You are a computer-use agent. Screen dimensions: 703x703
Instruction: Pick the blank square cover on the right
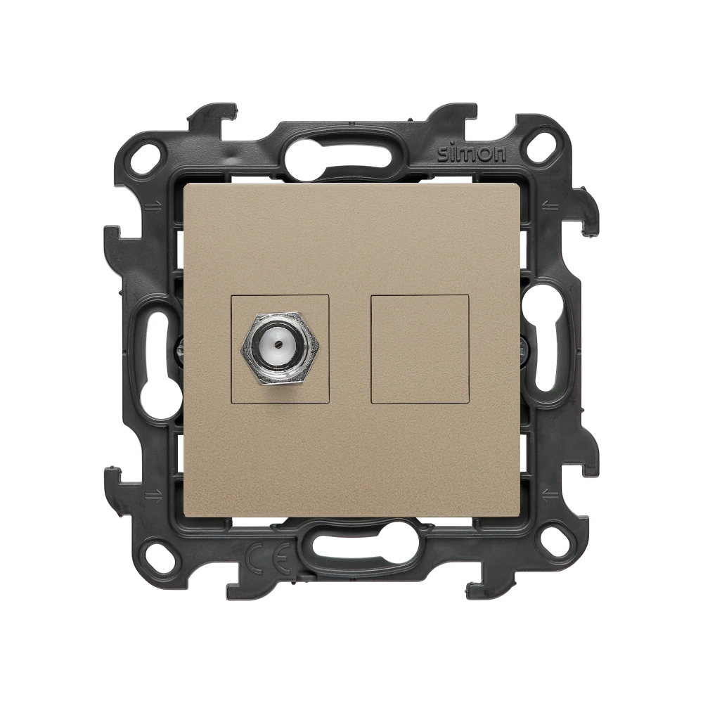pos(420,349)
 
